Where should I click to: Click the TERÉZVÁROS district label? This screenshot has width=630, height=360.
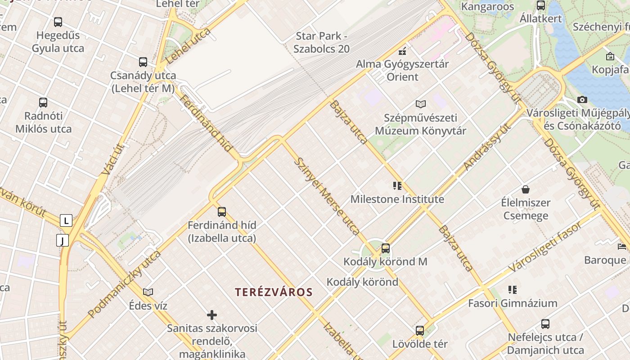[x=274, y=292]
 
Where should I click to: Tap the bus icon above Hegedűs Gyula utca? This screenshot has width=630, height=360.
[x=58, y=22]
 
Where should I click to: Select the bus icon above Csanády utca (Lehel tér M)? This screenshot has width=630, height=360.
[x=143, y=62]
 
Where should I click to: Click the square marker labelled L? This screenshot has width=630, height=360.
[x=66, y=220]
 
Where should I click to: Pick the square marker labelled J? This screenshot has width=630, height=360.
[x=63, y=240]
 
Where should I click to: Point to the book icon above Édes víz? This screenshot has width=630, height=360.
[x=148, y=292]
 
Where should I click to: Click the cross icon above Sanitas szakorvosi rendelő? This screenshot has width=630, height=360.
[x=212, y=315]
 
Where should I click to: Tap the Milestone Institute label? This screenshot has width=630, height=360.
[x=397, y=199]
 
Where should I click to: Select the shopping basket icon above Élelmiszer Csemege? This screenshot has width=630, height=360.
[x=525, y=189]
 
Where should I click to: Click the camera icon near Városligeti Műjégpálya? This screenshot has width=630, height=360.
[x=582, y=99]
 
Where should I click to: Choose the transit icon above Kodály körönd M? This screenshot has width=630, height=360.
[x=385, y=248]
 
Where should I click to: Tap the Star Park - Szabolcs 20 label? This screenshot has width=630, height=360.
[x=321, y=42]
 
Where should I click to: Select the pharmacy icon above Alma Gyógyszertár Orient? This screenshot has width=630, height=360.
[x=402, y=50]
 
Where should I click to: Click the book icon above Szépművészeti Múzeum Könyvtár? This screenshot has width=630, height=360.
[x=420, y=104]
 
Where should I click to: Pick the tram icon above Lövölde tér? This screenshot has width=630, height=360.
[x=420, y=331]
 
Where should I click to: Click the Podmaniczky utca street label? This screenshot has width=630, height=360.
[x=124, y=284]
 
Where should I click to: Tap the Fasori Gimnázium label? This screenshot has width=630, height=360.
[x=513, y=303]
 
